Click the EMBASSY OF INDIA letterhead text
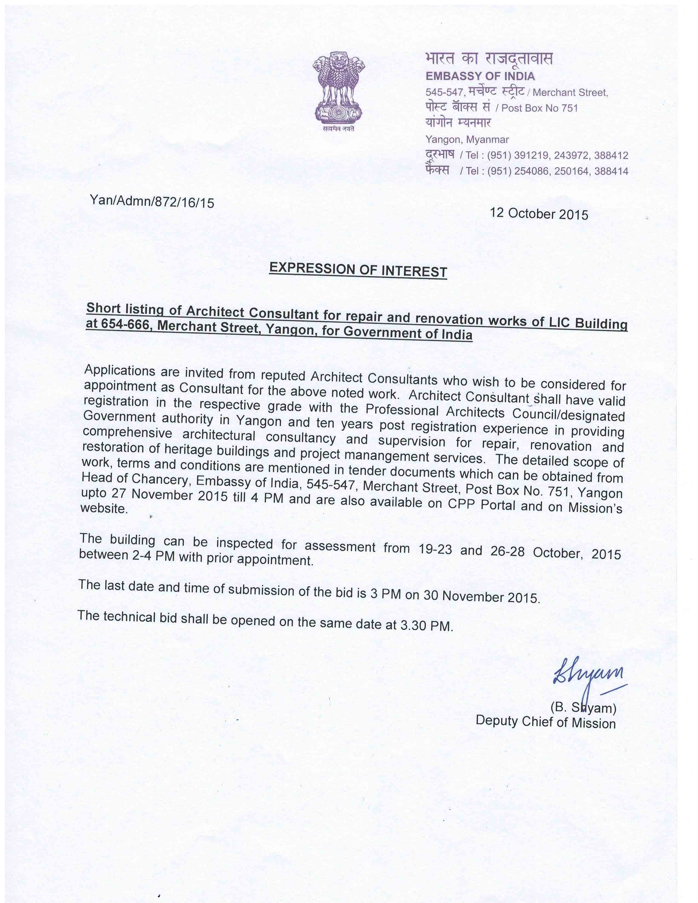pyautogui.click(x=480, y=76)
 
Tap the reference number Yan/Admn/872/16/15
pyautogui.click(x=152, y=201)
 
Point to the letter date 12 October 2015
pyautogui.click(x=539, y=213)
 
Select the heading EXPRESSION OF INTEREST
pyautogui.click(x=358, y=270)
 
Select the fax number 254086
pyautogui.click(x=531, y=171)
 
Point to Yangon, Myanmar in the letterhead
pyautogui.click(x=467, y=140)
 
